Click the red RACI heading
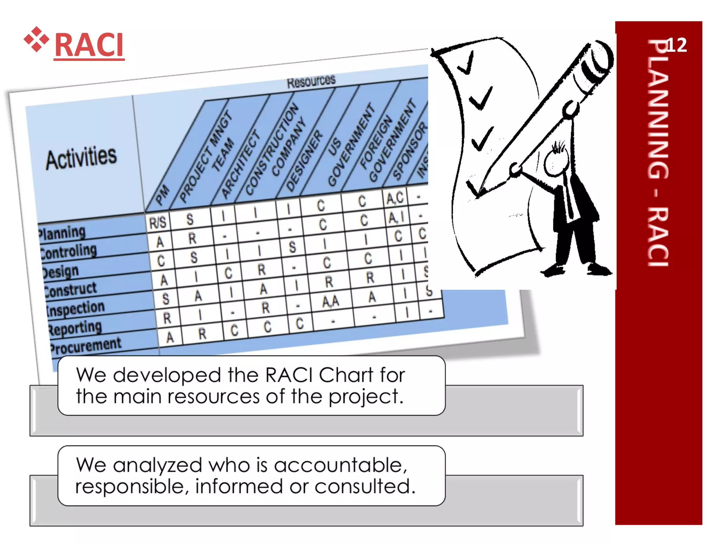tap(89, 45)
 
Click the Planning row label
tap(62, 233)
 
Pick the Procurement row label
tap(85, 345)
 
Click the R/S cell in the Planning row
tap(158, 223)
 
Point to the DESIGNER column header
tap(304, 161)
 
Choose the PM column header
tap(162, 195)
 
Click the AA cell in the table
tap(331, 302)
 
